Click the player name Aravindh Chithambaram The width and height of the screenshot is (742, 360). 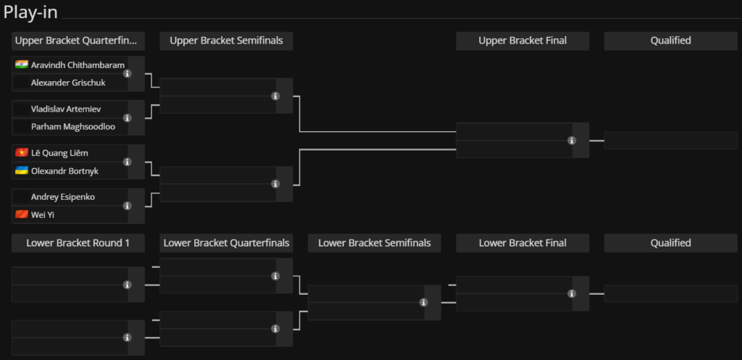(78, 64)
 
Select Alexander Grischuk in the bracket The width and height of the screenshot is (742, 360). (68, 83)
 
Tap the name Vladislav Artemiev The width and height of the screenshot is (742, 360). (66, 109)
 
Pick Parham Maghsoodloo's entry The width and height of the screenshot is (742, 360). (73, 127)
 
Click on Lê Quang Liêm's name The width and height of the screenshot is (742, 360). (59, 153)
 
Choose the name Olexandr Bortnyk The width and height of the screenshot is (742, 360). (64, 171)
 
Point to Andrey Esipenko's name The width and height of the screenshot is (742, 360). (63, 197)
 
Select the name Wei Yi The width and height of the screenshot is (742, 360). (43, 215)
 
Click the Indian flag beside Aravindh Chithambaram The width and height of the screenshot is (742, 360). (22, 64)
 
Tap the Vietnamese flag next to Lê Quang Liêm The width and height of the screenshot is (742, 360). (22, 152)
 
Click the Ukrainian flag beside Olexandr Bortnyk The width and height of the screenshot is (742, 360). (22, 170)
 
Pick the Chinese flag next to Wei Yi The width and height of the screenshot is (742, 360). (22, 214)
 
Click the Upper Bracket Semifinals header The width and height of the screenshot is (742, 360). (226, 41)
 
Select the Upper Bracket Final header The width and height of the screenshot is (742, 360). (522, 41)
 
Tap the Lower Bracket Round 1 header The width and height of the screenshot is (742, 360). (78, 243)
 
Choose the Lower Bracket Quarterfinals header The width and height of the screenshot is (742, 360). (226, 243)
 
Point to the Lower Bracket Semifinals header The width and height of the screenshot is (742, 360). (375, 243)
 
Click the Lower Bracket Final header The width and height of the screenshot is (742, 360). (522, 243)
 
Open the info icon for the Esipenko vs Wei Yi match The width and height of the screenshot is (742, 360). (128, 206)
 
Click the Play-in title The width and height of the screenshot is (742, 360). (30, 12)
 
